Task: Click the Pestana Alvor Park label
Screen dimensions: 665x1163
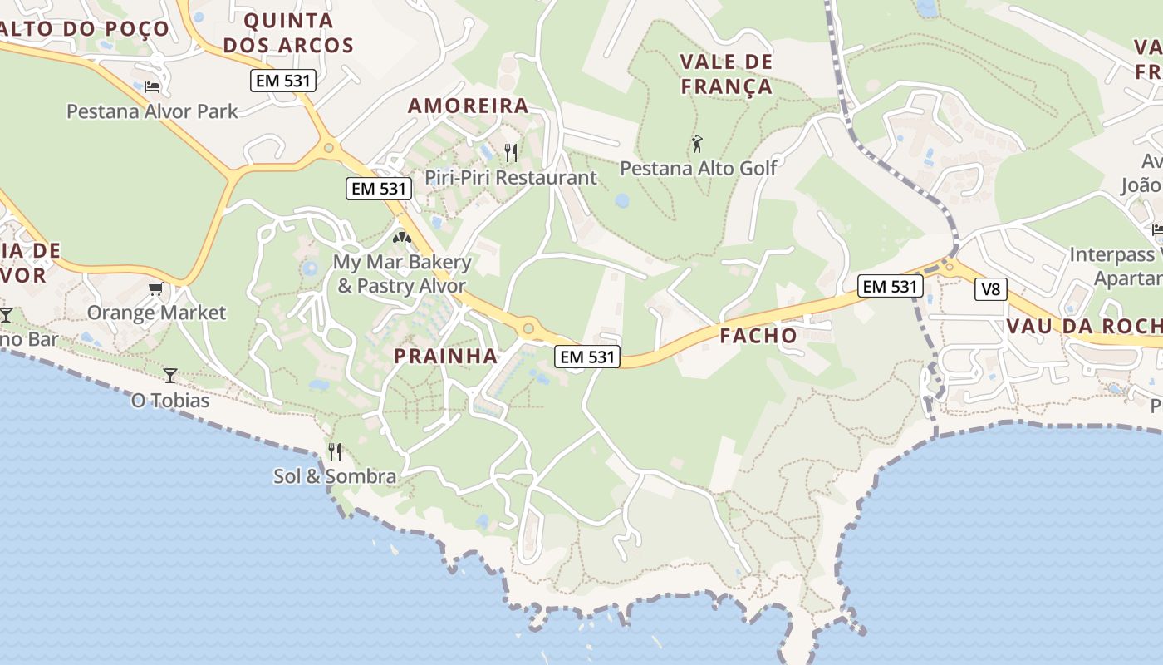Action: [x=152, y=111]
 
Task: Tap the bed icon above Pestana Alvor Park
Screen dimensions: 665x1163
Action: [x=152, y=86]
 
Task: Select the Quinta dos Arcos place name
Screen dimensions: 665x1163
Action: [x=288, y=33]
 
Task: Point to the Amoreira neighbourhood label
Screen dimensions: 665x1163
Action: [x=468, y=106]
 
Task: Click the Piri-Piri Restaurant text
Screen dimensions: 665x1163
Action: [x=510, y=177]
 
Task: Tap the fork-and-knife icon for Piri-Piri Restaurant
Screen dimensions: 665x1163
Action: [x=511, y=152]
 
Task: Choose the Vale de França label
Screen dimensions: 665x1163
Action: [x=726, y=74]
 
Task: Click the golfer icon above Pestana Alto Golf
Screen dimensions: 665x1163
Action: [x=697, y=144]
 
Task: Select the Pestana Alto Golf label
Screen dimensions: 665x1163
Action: [x=698, y=168]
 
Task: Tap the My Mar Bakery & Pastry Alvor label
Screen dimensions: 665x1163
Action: [x=402, y=274]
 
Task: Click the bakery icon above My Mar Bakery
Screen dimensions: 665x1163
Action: [x=402, y=238]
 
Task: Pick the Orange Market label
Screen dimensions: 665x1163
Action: [x=156, y=313]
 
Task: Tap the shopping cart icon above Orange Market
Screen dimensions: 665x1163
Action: [x=155, y=288]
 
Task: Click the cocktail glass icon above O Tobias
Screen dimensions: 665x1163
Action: [x=170, y=376]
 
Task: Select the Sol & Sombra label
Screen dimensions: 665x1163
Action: [x=335, y=476]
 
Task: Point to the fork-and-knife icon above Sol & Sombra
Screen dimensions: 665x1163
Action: [x=335, y=451]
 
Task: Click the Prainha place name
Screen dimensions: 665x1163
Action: [x=445, y=356]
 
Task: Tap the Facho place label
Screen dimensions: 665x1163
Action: [x=758, y=336]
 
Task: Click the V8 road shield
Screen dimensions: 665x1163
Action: [x=990, y=289]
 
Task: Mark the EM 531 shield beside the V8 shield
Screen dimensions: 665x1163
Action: [x=891, y=287]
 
